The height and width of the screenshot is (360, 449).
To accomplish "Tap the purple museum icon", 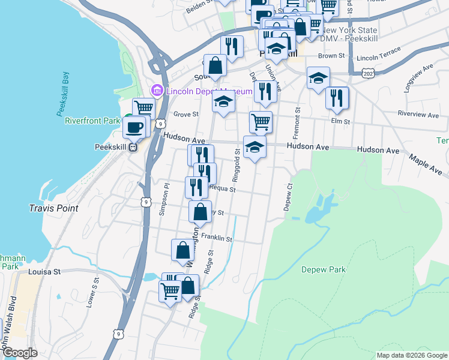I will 158,91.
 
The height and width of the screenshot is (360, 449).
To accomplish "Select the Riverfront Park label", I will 93,121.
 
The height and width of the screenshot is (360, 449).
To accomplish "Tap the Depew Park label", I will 324,269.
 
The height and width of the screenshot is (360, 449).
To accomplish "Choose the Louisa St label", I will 45,272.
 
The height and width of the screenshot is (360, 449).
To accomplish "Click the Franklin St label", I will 217,238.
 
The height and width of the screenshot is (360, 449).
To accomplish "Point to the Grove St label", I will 186,114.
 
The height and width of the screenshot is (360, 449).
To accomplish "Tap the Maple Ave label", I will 425,163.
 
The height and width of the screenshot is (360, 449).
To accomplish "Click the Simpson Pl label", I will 161,199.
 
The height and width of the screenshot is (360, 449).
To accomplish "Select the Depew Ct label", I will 288,197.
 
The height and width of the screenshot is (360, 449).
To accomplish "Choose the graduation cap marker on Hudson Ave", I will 255,147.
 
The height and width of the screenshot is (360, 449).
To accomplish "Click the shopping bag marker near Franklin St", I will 182,250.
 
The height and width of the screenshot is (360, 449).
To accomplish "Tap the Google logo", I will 19,353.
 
